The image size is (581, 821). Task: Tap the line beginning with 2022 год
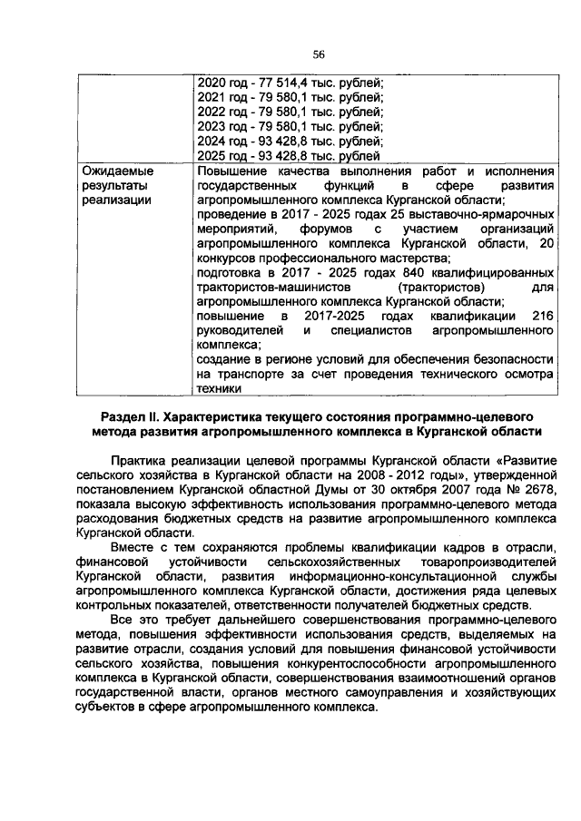click(x=290, y=112)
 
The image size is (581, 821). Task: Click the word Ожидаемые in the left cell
click(x=118, y=171)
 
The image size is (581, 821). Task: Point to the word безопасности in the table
click(x=505, y=359)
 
